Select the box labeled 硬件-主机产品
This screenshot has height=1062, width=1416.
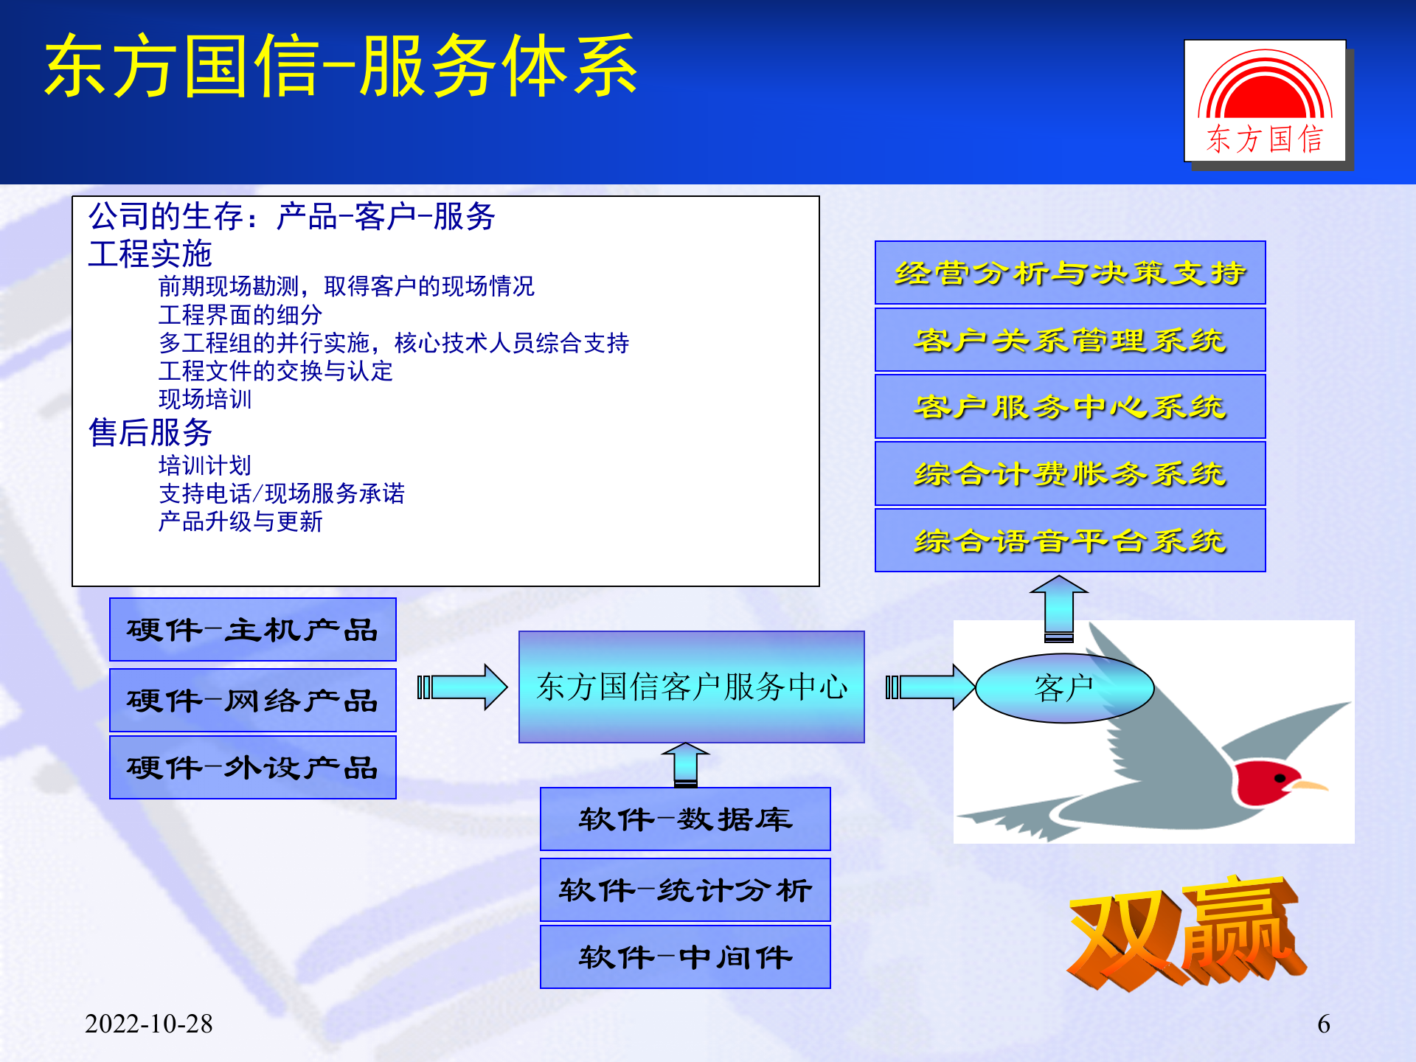point(252,629)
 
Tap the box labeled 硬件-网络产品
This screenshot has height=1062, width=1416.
point(252,700)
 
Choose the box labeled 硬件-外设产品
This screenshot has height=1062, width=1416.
point(252,767)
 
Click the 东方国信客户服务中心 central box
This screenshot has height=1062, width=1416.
point(691,687)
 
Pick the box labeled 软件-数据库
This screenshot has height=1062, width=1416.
point(684,819)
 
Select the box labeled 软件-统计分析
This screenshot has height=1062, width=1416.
point(684,889)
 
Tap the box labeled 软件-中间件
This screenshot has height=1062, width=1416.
point(684,957)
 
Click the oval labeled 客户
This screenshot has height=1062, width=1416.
point(1063,688)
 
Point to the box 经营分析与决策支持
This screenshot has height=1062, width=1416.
point(1069,272)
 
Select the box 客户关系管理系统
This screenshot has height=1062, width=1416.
point(1069,339)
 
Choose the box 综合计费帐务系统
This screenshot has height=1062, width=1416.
point(1069,473)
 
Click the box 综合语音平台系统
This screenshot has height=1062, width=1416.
point(1069,540)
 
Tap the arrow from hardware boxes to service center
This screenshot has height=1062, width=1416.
point(463,687)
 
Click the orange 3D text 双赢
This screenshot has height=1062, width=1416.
point(1184,933)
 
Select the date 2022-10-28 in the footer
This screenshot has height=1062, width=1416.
point(148,1023)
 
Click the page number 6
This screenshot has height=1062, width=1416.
point(1323,1024)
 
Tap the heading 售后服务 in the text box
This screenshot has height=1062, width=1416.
point(150,432)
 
